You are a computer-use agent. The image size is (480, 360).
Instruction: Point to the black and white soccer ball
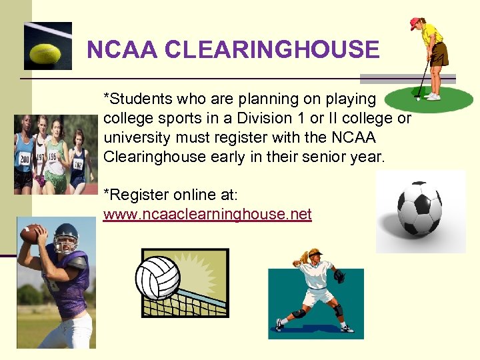[x=419, y=210]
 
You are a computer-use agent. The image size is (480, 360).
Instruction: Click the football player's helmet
[x=65, y=235]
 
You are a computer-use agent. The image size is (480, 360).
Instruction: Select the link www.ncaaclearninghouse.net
[x=207, y=215]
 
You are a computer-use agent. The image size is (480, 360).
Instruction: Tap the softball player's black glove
[x=339, y=275]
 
